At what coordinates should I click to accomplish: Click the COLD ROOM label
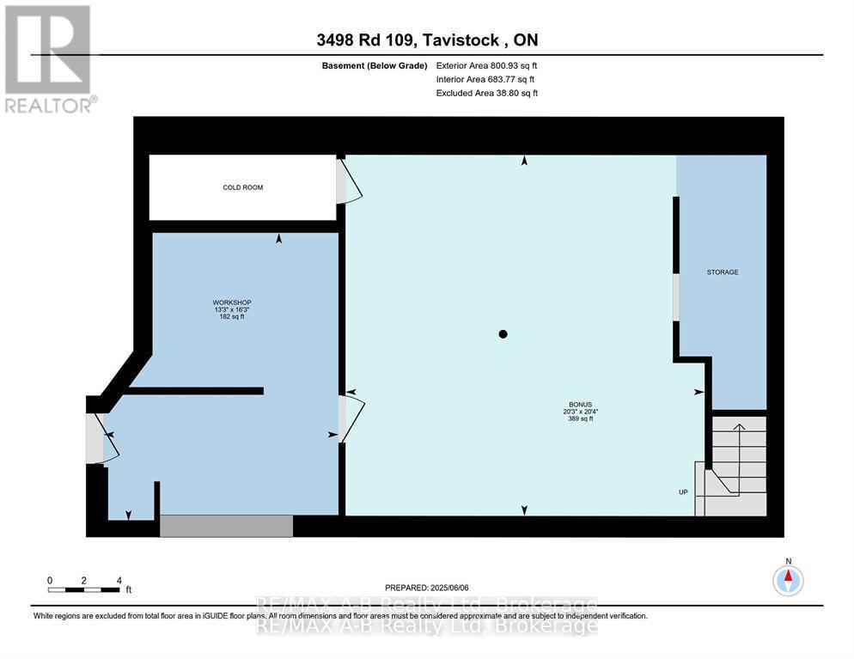(x=241, y=187)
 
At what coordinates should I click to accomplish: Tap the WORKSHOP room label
(x=232, y=309)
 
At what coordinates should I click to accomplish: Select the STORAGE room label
(x=722, y=272)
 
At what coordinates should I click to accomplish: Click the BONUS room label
(x=575, y=411)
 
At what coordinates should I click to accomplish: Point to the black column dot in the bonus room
(x=503, y=334)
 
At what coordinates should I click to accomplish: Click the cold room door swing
(x=348, y=181)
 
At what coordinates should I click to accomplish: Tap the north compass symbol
(x=788, y=580)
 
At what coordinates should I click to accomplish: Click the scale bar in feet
(x=84, y=589)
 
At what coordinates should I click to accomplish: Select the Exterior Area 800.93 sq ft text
(x=486, y=65)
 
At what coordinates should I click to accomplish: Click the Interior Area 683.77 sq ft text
(x=486, y=79)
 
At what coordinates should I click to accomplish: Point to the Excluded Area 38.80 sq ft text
(x=486, y=93)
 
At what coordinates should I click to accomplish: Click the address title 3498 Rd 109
(x=426, y=40)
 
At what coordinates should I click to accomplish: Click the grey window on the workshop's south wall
(x=225, y=526)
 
